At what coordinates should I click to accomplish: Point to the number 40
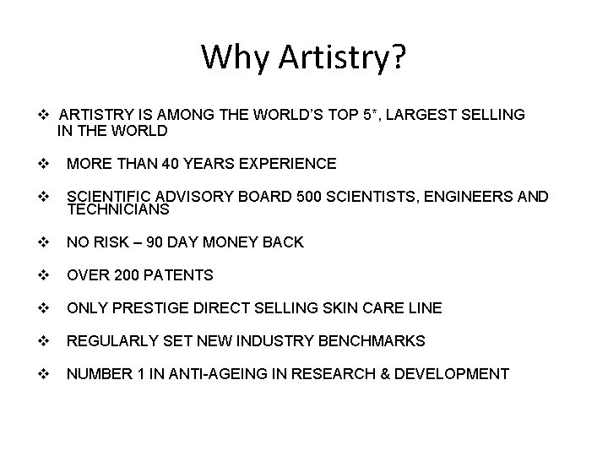point(172,163)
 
